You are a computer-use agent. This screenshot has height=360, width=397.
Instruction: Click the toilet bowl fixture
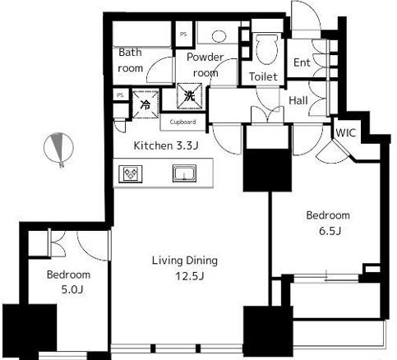coord(267,48)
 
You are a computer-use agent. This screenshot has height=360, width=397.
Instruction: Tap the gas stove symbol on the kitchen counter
coord(131,173)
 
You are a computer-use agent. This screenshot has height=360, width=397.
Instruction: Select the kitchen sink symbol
coord(184,173)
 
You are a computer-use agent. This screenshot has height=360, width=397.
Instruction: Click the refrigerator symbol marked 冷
coord(145,104)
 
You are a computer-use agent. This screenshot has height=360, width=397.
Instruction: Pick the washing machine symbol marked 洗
coord(189,96)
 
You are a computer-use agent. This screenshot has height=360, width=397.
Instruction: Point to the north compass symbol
coord(58,149)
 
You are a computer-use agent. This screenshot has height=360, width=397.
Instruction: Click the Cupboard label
coord(182,122)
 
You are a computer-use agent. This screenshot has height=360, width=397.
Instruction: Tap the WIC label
coord(345,133)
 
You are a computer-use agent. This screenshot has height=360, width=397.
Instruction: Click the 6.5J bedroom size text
coord(330,231)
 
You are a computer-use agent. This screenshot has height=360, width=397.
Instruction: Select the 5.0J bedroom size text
coord(72,289)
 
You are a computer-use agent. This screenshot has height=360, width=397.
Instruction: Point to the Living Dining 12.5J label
coord(185,268)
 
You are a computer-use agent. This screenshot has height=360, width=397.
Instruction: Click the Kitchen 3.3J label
coord(166,145)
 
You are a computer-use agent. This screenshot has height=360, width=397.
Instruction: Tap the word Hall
coord(298,100)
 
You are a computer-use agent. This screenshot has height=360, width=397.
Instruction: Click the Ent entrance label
coord(302,62)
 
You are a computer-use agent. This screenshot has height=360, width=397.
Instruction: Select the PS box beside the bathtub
coord(183,35)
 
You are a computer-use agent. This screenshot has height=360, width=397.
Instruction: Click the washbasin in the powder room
coord(219,36)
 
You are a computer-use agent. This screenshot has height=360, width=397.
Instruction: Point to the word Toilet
coord(263,76)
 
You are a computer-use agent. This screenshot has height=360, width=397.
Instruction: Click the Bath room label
coord(131,60)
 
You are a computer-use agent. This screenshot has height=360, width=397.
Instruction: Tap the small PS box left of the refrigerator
coord(121,95)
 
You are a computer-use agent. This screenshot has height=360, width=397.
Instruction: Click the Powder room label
coord(205,65)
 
